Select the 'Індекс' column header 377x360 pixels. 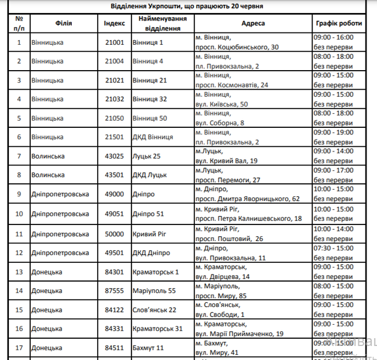coord(114,23)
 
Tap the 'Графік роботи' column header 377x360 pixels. coord(339,23)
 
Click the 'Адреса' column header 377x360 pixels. coord(253,23)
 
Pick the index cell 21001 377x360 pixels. coord(114,42)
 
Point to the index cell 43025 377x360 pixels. coord(114,156)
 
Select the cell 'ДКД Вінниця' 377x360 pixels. coord(153,137)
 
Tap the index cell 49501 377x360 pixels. coord(114,253)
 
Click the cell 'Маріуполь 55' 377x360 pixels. coord(154,290)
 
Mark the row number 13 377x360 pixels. coord(19,272)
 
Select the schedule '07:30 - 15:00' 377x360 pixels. coord(333,248)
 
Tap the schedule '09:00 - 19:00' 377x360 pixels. coord(333,133)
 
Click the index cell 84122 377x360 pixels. coord(114,310)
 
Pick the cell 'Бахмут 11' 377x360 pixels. coord(150,348)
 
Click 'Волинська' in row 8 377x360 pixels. coord(48,175)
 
